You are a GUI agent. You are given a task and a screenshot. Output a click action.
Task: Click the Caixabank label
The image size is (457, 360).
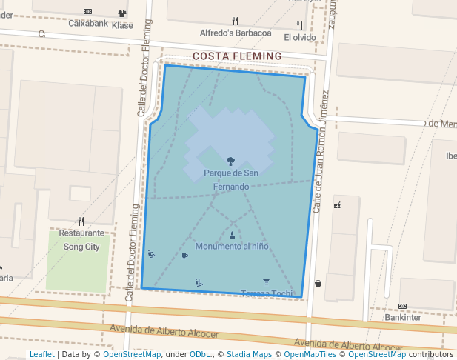tap(88, 23)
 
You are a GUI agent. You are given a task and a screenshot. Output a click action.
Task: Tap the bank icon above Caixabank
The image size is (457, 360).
tap(88, 11)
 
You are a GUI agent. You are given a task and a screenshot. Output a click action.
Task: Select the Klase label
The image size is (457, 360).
tap(122, 25)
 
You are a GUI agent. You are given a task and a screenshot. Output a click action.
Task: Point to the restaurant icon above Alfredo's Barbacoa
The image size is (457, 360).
tap(236, 21)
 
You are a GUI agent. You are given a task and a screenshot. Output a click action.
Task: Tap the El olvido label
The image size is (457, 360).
tap(299, 37)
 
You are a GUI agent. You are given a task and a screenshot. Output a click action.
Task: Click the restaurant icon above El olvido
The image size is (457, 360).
tap(299, 25)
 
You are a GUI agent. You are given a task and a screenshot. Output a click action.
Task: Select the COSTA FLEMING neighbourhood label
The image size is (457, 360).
tap(237, 56)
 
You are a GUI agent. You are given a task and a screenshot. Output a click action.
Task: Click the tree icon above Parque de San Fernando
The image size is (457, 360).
tap(231, 161)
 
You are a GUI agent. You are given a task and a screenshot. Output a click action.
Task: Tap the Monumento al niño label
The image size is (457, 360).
tap(232, 246)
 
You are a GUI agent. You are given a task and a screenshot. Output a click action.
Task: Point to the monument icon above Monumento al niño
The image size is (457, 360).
tap(233, 235)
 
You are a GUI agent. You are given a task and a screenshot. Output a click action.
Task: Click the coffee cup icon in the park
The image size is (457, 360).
tap(185, 256)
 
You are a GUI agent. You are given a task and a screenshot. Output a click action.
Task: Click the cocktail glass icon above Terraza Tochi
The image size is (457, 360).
tap(267, 281)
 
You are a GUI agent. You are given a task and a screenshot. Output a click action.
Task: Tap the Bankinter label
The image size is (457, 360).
tap(402, 318)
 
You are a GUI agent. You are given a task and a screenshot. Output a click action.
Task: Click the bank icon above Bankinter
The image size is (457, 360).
tap(402, 306)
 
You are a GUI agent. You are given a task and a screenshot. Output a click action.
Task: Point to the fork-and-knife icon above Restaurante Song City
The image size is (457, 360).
tap(81, 221)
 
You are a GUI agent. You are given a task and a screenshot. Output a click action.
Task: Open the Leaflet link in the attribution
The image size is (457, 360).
tap(41, 355)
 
